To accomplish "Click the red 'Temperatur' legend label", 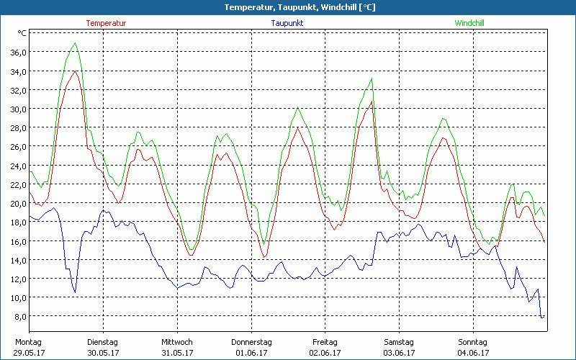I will coord(106,23).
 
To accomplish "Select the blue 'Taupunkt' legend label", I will coord(287,23).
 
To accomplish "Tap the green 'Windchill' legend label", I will coord(469,23).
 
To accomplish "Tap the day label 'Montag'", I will coord(27,342).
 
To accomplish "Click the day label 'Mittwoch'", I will coord(177,342).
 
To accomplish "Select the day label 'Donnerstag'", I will coord(251,342).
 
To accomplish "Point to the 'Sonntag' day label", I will coord(473,342).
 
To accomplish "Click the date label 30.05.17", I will coord(102,353).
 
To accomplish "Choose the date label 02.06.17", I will coord(325,353).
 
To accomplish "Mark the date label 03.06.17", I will coord(399,353).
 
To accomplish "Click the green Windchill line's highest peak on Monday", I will coord(75,43).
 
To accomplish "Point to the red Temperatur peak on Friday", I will coord(372,101).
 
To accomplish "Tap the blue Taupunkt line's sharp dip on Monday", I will coord(74,292).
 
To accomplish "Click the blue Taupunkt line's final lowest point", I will coord(541,317).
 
